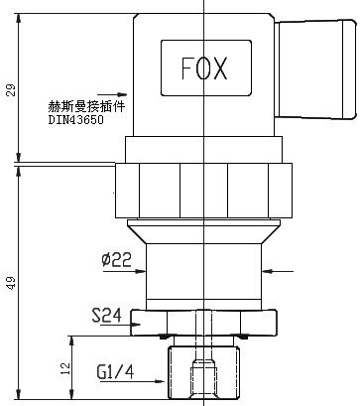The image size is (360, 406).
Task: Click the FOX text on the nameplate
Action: point(204,68)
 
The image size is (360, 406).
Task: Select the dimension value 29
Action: point(11,90)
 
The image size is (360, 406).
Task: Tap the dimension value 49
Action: point(11,283)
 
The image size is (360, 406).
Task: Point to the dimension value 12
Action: point(65,368)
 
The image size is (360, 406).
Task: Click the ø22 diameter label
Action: point(116,259)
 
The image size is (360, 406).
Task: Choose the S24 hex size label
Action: point(106,316)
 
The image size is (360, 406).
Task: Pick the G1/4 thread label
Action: point(116,372)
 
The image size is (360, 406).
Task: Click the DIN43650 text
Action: point(76,119)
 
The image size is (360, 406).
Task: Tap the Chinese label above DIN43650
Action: point(87,106)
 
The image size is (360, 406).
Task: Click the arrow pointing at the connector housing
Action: point(112,94)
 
